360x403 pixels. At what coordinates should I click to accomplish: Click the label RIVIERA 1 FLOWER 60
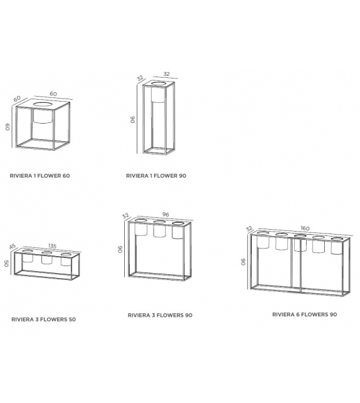40,176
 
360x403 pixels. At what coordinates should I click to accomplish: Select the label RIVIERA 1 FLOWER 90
156,176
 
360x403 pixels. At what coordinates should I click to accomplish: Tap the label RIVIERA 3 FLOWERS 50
43,320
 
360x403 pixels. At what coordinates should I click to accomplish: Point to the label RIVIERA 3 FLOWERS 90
159,316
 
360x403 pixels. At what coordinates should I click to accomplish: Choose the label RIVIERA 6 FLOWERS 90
304,314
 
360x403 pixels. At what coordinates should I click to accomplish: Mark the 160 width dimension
305,228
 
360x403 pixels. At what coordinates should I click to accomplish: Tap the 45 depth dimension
13,247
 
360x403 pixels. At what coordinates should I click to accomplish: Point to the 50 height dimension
7,264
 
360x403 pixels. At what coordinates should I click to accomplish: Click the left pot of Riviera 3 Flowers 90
141,229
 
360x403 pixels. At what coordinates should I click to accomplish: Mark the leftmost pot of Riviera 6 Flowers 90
263,242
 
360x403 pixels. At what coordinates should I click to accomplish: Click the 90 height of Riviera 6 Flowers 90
244,262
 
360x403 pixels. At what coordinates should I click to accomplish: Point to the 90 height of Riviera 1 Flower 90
133,119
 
